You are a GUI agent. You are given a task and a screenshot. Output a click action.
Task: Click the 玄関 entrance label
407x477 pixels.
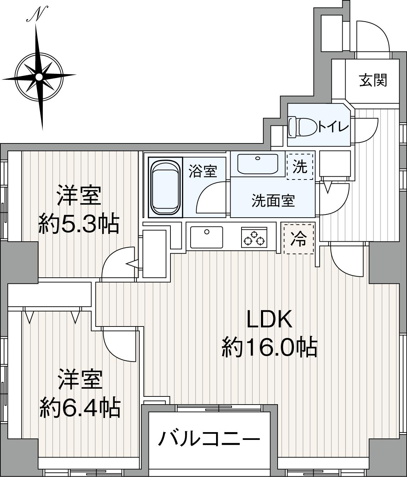point(373,81)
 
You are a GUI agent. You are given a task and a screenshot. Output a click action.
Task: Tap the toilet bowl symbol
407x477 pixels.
point(303,127)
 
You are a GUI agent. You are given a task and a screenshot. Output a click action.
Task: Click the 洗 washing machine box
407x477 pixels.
point(300,167)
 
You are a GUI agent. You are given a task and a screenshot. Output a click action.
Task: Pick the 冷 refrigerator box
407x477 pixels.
point(299,239)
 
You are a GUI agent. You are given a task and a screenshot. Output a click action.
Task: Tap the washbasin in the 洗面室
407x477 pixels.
point(258,164)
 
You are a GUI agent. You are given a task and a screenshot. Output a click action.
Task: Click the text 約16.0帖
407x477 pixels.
point(269,347)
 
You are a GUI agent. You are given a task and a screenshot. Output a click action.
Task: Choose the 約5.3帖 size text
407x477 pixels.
point(79,223)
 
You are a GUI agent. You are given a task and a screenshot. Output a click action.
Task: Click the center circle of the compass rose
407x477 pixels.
point(40,76)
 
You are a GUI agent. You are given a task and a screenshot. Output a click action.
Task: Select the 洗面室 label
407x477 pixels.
point(273,201)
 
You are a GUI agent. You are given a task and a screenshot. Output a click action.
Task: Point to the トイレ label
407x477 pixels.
point(333,127)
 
